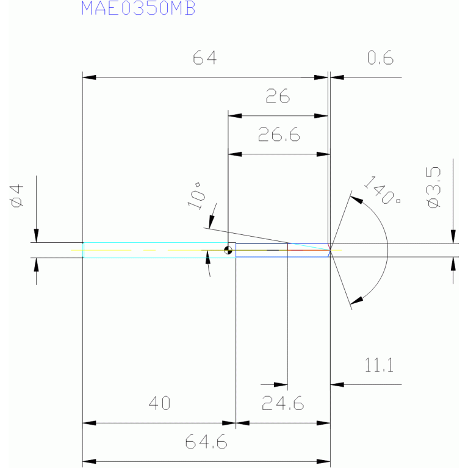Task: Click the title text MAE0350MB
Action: (139, 9)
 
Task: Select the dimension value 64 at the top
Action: (205, 58)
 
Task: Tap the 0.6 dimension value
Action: (380, 58)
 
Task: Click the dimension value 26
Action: (278, 96)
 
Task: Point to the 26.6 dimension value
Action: (278, 135)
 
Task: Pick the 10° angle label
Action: (196, 196)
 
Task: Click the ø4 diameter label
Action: (17, 196)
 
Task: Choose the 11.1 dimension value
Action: (380, 366)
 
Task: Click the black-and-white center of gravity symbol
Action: (228, 249)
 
